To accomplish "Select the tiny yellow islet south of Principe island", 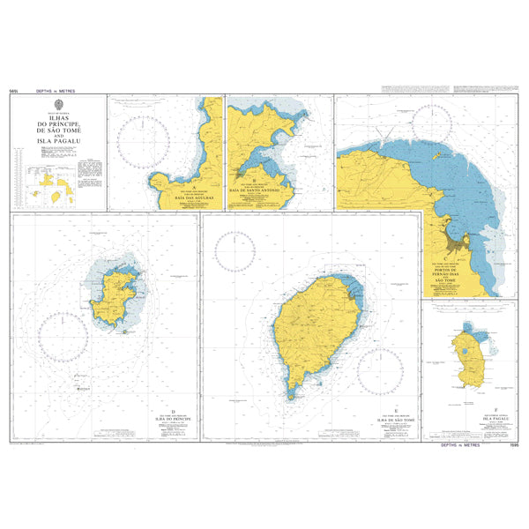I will coord(125,332).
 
